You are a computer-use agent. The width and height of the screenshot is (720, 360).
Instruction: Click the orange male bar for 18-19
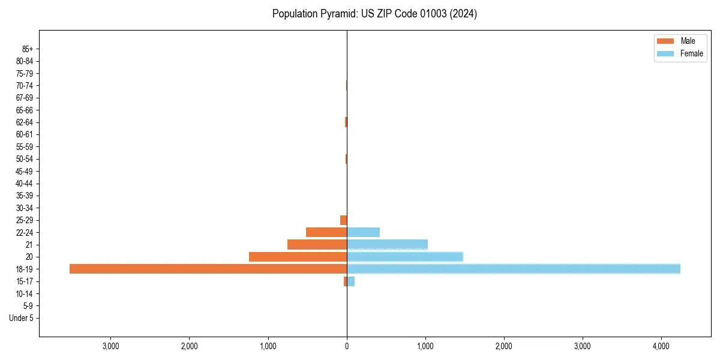208,269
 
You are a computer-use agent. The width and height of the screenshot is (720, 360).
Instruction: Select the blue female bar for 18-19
514,269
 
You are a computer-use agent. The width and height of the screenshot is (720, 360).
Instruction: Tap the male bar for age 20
298,257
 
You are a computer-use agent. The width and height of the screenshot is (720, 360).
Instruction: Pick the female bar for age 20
405,257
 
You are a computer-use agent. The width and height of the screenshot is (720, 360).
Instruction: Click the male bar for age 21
317,244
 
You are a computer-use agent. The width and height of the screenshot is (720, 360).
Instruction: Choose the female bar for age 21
387,244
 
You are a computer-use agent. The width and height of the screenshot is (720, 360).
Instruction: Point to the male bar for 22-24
326,232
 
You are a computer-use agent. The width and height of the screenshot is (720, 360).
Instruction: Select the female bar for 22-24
363,232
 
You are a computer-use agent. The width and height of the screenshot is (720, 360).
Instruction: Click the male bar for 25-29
343,220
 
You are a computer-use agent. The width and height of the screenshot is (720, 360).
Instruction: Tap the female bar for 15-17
351,281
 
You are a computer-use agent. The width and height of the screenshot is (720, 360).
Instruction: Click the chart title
374,14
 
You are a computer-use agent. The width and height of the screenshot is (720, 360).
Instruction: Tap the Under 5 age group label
22,318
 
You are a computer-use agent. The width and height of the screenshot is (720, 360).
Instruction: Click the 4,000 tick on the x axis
661,346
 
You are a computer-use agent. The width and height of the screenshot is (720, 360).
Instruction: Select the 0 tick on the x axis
347,346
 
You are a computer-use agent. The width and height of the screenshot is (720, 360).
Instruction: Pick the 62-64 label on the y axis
25,122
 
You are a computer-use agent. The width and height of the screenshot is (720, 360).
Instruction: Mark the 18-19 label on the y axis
25,269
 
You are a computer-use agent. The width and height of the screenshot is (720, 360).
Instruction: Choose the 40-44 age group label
25,184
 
